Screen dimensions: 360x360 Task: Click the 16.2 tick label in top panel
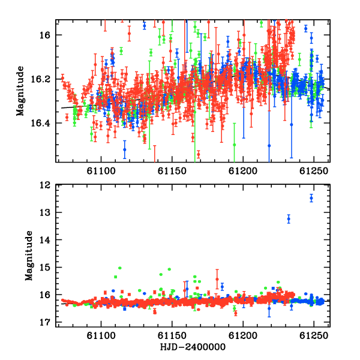(40, 79)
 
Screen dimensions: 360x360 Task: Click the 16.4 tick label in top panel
(40, 123)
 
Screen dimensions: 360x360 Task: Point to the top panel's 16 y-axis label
(44, 35)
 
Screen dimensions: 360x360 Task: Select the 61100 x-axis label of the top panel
(101, 171)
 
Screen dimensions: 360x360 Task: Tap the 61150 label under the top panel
(172, 171)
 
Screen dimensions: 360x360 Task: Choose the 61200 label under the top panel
(243, 171)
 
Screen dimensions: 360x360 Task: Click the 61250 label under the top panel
(314, 171)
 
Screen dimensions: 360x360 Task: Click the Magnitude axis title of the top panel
(20, 91)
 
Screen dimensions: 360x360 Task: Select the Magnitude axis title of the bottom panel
(29, 256)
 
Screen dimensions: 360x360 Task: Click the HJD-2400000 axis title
(193, 347)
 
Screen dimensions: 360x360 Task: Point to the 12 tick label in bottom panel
(44, 185)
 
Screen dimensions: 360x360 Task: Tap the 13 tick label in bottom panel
(44, 212)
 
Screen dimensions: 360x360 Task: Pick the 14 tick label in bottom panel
(44, 240)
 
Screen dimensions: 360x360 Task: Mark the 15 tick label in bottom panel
(44, 267)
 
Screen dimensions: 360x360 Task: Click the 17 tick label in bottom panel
(44, 322)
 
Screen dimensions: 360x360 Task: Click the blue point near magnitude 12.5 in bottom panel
(311, 198)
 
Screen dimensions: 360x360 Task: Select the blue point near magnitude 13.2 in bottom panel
(289, 219)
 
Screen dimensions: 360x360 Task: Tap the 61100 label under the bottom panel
(101, 336)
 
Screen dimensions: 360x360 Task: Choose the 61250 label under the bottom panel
(314, 336)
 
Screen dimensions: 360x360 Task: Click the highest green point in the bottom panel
(119, 268)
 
